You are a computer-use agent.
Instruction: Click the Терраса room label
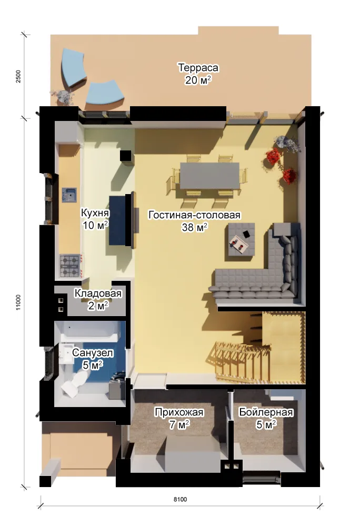coord(198,68)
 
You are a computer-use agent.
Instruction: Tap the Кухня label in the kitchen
coord(95,213)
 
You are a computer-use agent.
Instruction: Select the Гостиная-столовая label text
coord(194,215)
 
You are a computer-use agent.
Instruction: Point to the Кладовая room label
coord(98,293)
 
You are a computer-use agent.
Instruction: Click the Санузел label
coord(93,353)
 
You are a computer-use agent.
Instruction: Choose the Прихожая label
coord(179,412)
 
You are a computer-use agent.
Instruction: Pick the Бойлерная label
coord(266,412)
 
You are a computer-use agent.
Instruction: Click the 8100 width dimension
coord(180,500)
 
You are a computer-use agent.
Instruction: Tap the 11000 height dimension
coord(18,302)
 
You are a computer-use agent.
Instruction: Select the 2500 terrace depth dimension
coord(18,76)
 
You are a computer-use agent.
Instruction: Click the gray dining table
coord(210,176)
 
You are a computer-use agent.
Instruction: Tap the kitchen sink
coord(69,195)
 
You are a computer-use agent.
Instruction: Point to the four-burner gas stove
coord(69,266)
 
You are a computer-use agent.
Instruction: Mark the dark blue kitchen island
coord(117,220)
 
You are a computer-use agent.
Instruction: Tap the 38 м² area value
coord(194,227)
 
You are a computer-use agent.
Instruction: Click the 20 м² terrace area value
coord(198,80)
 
